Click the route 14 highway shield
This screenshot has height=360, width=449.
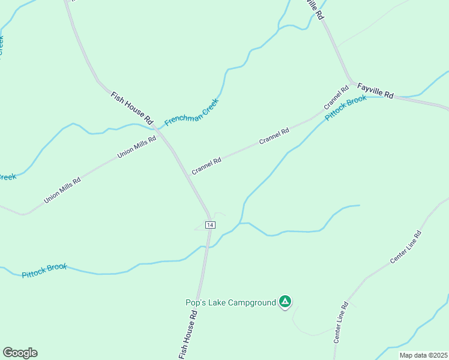(209, 224)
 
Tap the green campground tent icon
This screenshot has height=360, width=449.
(285, 302)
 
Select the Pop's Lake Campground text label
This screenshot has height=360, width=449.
(231, 302)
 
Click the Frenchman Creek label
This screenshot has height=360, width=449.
(191, 112)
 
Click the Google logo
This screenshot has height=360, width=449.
(20, 353)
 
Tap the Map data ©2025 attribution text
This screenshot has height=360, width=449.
(423, 355)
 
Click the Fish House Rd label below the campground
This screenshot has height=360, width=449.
(189, 335)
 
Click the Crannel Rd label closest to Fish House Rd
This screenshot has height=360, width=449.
(206, 166)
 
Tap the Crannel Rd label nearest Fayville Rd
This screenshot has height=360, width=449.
(336, 98)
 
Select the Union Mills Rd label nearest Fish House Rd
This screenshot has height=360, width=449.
(137, 147)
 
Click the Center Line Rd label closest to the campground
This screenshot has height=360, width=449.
(340, 322)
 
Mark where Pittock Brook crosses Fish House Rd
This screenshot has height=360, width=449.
(206, 247)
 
